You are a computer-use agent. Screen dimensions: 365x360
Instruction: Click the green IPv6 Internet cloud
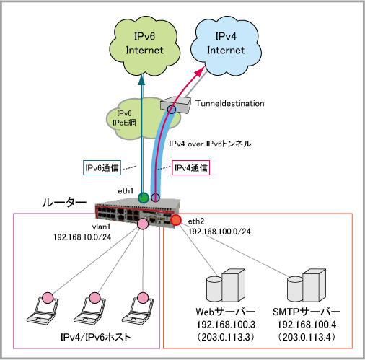[144, 45]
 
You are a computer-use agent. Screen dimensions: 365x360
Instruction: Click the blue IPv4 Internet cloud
[226, 45]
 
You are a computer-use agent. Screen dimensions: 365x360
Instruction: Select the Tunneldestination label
[230, 103]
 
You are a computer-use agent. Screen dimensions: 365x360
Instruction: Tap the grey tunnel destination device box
[175, 105]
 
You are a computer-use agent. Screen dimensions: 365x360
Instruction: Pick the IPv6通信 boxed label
[102, 167]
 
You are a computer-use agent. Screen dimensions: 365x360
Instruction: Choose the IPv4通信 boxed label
[191, 167]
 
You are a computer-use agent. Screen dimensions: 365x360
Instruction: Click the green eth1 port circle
[144, 198]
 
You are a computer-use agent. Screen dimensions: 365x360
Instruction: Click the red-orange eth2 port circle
[176, 220]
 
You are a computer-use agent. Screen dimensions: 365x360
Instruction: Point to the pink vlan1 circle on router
[143, 224]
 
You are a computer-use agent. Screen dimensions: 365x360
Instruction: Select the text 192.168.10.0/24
[82, 237]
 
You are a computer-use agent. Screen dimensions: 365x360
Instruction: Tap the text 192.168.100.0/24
[219, 232]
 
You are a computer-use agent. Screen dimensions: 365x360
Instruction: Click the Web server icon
[226, 286]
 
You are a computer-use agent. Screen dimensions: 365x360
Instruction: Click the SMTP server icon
[307, 286]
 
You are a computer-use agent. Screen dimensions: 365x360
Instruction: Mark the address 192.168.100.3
[226, 325]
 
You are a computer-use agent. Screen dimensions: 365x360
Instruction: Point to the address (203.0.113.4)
[307, 337]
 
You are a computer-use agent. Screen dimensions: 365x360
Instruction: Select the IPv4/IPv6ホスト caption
[95, 337]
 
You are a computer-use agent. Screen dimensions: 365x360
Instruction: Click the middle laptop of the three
[89, 310]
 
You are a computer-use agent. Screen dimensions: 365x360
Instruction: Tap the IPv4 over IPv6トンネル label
[210, 144]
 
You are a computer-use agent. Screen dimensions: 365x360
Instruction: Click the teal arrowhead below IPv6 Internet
[142, 80]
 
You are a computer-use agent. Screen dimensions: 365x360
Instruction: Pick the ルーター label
[64, 203]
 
